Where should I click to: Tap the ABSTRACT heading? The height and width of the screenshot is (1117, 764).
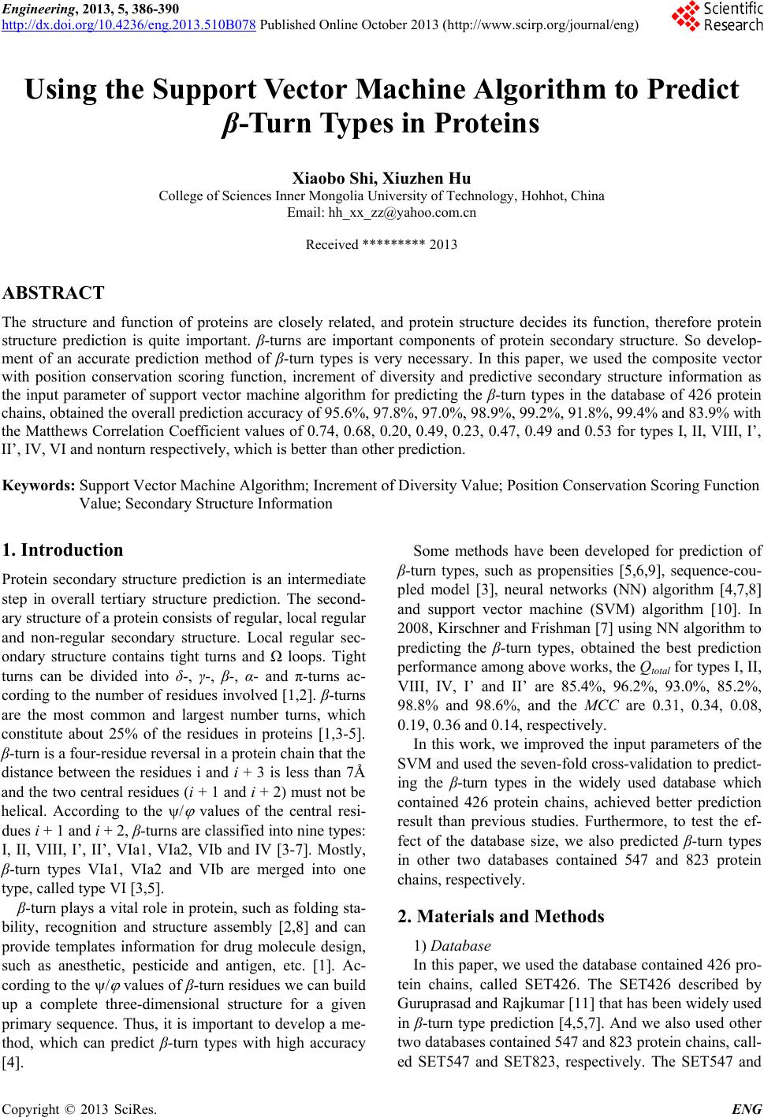point(54,294)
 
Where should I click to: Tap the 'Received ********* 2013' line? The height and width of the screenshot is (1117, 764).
point(382,244)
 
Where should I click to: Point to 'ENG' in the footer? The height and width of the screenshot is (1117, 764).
point(746,1109)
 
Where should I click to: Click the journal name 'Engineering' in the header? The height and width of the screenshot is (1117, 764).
point(35,8)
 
